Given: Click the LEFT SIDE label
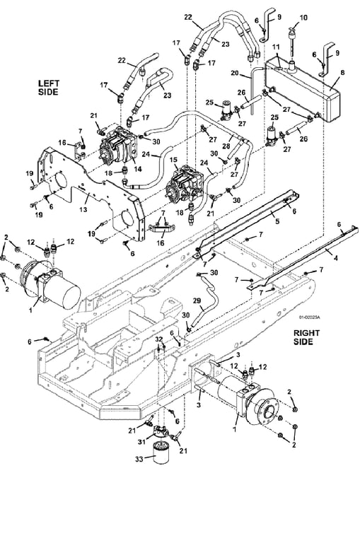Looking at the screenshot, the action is [49, 88].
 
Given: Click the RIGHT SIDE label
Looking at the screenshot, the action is [307, 337].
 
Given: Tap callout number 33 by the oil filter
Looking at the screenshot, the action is [139, 459].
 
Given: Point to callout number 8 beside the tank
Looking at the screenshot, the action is [342, 73].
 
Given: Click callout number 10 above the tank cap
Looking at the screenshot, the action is [303, 18].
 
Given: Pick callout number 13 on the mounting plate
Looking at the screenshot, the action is [83, 209].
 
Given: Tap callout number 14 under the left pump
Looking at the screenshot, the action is [138, 170].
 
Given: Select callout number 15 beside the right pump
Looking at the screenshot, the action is [173, 160].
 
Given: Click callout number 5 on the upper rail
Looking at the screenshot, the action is [277, 221].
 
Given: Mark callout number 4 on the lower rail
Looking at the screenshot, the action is [335, 258].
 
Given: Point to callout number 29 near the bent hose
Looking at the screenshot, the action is [197, 301].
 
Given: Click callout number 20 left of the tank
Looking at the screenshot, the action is [235, 73].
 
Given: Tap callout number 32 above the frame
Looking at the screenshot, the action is [158, 339].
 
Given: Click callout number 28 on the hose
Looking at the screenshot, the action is [226, 146].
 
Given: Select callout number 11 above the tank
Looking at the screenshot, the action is [276, 47].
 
